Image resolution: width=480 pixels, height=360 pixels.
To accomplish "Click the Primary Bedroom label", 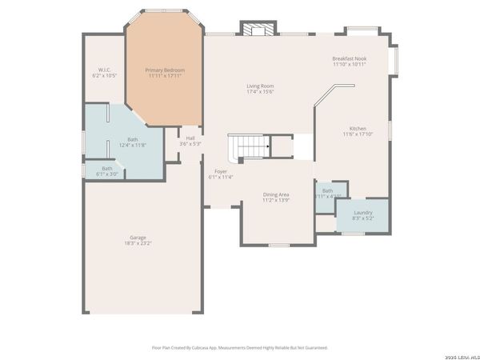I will point(165,70).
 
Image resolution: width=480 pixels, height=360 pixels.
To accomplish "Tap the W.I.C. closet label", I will point(104,70).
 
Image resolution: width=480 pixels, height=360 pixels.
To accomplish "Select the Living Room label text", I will point(260,86).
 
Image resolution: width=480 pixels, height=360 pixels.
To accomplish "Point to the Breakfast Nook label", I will point(349,58).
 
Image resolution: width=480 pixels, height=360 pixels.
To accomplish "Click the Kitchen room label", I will point(358,129).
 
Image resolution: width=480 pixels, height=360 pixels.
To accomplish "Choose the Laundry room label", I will point(362,212).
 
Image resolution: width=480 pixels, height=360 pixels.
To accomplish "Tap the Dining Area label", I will point(276,194).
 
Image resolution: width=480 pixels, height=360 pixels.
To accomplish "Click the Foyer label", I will point(220,171).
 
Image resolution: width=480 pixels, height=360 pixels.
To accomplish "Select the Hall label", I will point(190,138).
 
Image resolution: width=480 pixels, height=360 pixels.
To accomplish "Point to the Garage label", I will point(138,237).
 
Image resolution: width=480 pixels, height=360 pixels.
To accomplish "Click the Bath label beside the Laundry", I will point(327,190).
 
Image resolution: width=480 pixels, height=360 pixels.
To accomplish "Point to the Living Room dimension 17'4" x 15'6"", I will point(260,91).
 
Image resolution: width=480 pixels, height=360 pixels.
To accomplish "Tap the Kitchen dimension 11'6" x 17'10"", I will point(358,134).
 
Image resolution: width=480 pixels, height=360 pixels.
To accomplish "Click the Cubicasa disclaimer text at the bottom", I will point(239,347).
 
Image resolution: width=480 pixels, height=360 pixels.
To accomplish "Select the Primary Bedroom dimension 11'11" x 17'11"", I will point(165,76).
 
